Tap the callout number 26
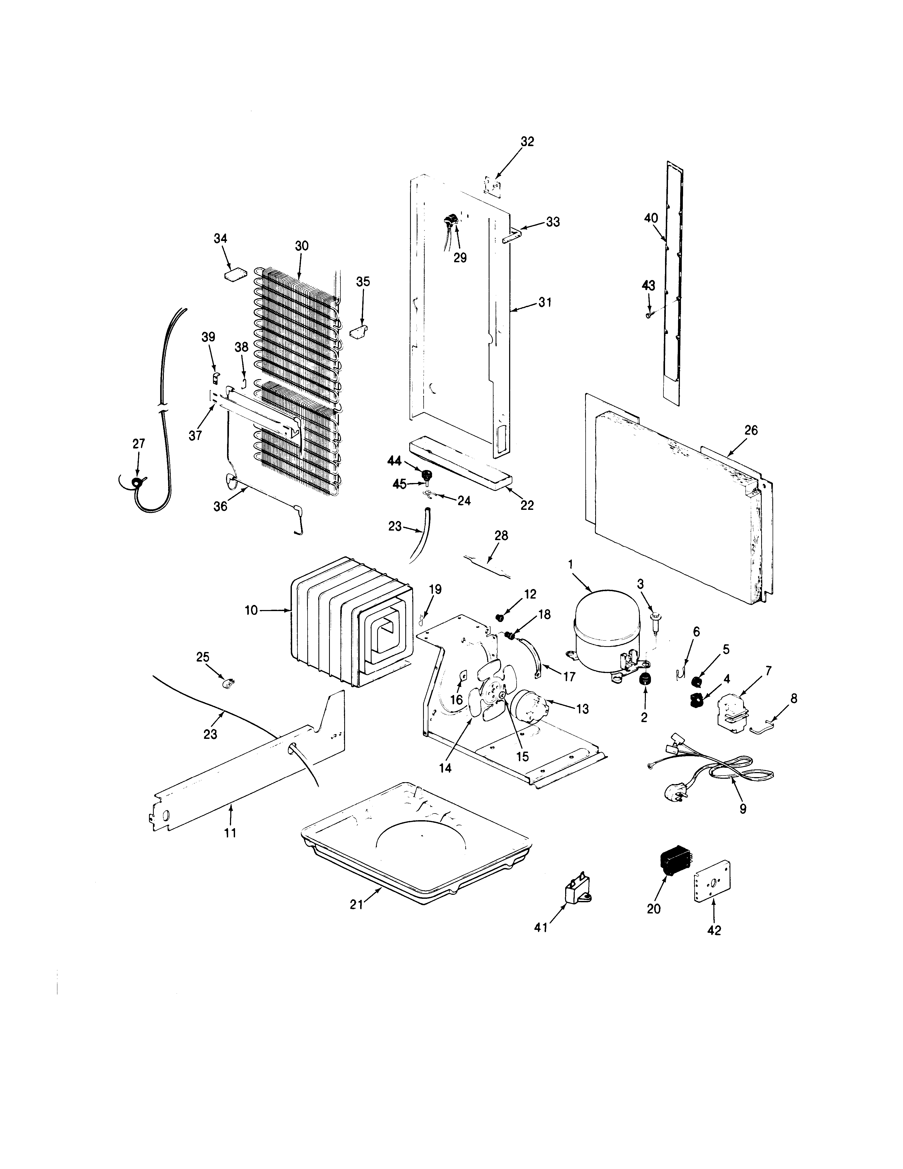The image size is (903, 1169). [751, 430]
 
